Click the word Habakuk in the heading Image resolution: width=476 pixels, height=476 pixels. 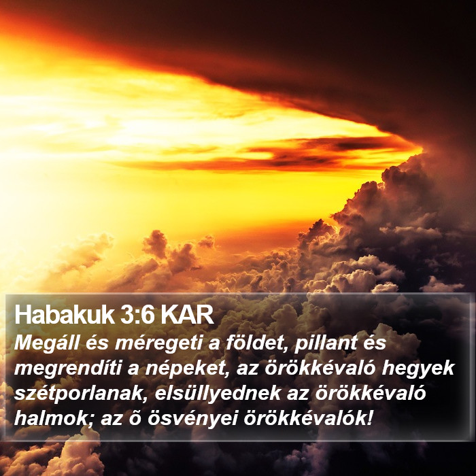[65, 315]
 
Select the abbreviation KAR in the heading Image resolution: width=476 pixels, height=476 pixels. [187, 315]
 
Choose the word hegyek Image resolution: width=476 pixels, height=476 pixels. [418, 369]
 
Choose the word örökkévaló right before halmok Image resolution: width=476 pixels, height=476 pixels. [371, 393]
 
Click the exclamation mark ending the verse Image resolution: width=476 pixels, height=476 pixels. [369, 418]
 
